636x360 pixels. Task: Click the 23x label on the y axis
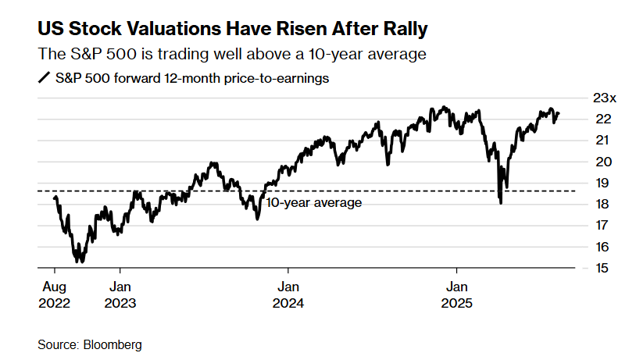604,98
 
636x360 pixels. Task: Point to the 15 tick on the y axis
599,268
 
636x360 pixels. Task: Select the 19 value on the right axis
599,184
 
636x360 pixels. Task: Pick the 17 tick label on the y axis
599,226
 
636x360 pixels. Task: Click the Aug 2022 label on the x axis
54,294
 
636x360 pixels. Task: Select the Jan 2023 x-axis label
120,294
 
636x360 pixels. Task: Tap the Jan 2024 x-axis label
288,294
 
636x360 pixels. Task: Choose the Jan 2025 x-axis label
457,294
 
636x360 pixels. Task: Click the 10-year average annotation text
314,203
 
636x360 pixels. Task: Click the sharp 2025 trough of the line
500,203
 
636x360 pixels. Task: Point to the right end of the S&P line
559,113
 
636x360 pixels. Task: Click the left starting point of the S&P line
54,198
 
